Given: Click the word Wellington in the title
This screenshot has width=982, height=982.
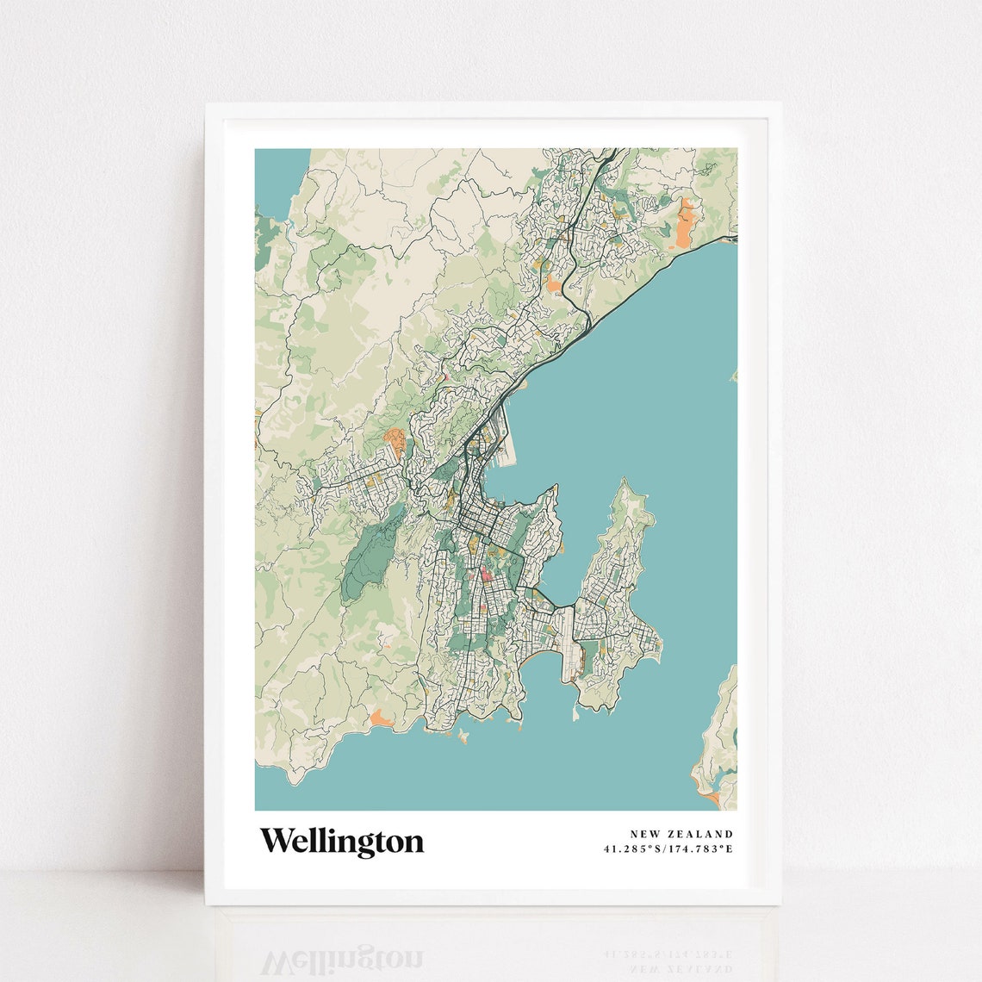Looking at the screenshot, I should [342, 842].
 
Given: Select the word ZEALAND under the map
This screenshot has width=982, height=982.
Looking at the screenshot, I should [703, 834].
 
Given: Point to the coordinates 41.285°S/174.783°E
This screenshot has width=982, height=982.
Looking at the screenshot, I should [668, 849].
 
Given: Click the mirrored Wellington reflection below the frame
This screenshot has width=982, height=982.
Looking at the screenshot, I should [342, 960].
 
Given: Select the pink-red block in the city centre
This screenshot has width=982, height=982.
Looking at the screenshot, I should [485, 575].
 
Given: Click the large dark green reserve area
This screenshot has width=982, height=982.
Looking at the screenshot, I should [366, 560].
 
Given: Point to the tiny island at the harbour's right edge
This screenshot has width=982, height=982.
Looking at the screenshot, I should [733, 376].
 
